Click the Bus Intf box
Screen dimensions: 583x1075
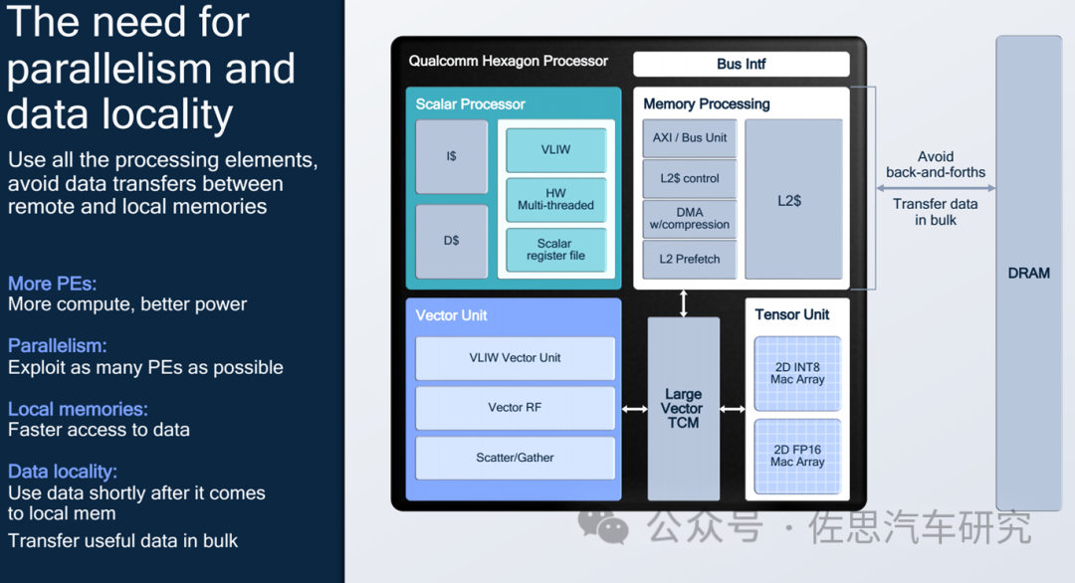pyautogui.click(x=742, y=65)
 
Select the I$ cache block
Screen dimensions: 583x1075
pyautogui.click(x=452, y=156)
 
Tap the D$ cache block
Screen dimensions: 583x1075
pyautogui.click(x=452, y=241)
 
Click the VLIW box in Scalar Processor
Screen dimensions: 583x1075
pyautogui.click(x=555, y=149)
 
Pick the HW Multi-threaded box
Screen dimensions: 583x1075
pyautogui.click(x=555, y=199)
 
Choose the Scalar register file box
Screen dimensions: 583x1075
pyautogui.click(x=555, y=250)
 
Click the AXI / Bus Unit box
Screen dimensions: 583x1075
pyautogui.click(x=690, y=138)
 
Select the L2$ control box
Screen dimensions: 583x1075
pyautogui.click(x=690, y=179)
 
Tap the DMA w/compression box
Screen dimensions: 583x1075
pyautogui.click(x=690, y=219)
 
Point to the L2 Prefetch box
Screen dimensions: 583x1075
pyautogui.click(x=690, y=260)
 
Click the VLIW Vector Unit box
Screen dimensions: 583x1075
pyautogui.click(x=515, y=358)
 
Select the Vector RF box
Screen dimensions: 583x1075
pyautogui.click(x=515, y=408)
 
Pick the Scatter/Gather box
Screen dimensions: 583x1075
pyautogui.click(x=515, y=458)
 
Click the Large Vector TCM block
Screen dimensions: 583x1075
pyautogui.click(x=683, y=409)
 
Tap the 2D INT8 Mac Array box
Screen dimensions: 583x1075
pyautogui.click(x=797, y=373)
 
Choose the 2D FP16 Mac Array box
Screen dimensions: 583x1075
pyautogui.click(x=797, y=456)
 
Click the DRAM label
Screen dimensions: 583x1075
pyautogui.click(x=1029, y=274)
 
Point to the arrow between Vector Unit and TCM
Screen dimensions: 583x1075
pyautogui.click(x=634, y=409)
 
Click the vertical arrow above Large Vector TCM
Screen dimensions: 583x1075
pyautogui.click(x=684, y=302)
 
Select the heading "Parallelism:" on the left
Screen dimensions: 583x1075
pyautogui.click(x=57, y=346)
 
